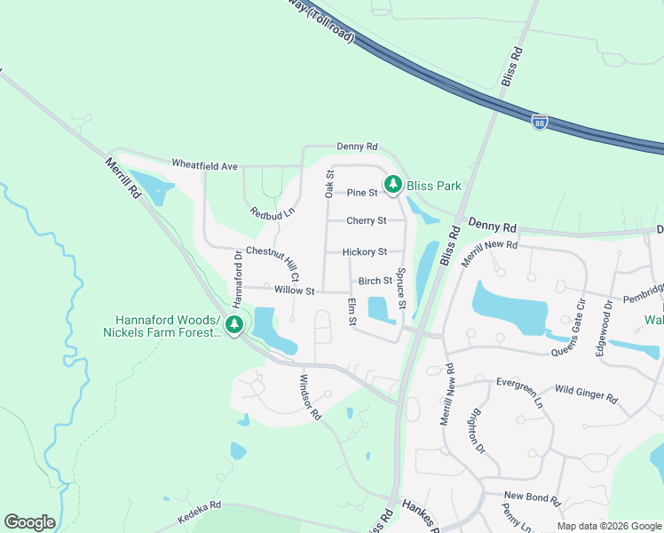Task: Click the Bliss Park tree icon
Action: (x=392, y=186)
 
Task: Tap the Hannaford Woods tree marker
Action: (x=234, y=325)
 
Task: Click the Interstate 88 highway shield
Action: (x=540, y=123)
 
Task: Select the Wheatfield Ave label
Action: (x=204, y=166)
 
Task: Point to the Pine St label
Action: (x=362, y=193)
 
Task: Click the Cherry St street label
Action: (x=367, y=220)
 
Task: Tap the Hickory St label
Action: (x=364, y=252)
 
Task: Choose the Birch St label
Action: (x=375, y=281)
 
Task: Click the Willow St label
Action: (x=295, y=290)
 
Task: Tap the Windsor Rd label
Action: (x=310, y=396)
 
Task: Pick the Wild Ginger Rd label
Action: (x=585, y=393)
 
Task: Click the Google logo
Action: (x=29, y=522)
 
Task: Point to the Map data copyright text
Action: (x=609, y=526)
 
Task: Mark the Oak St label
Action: (x=329, y=184)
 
